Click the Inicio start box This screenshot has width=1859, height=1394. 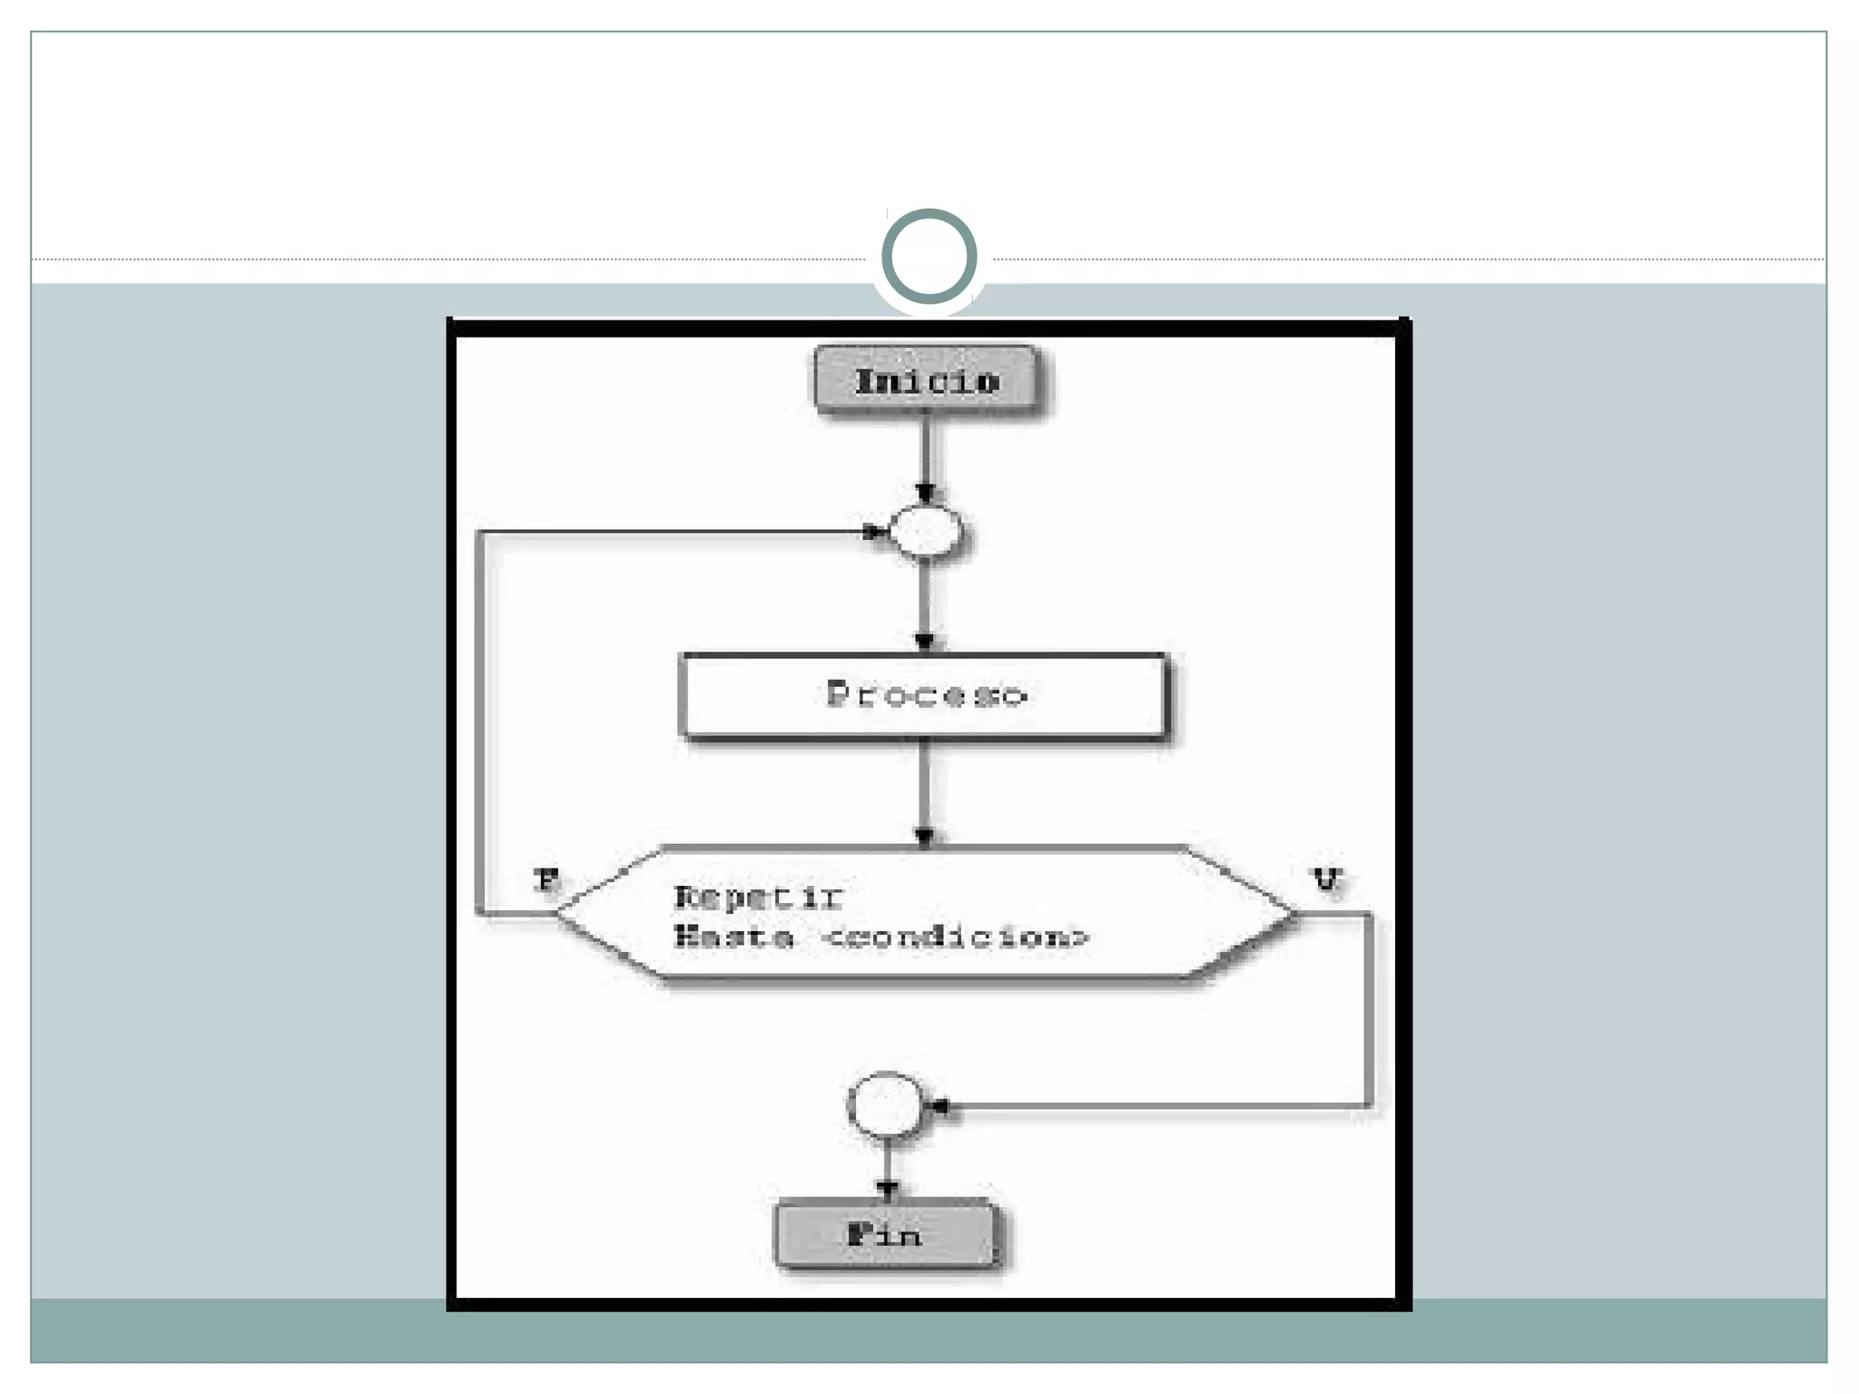pos(926,380)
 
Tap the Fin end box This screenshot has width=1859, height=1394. pos(885,1234)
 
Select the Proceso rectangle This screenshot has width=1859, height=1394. pos(924,695)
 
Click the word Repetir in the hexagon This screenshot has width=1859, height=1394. pos(759,898)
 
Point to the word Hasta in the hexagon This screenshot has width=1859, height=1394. pos(733,936)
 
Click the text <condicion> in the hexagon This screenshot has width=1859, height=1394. pos(954,936)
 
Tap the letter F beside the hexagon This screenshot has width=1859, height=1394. pos(546,879)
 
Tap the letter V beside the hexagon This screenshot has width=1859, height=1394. pos(1327,879)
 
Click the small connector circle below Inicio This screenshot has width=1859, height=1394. pos(925,532)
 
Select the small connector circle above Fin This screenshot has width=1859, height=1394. pos(886,1105)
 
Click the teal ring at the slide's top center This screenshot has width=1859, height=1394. pos(929,256)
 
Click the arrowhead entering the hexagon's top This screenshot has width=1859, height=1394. pos(925,837)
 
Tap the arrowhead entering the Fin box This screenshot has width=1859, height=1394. pos(888,1189)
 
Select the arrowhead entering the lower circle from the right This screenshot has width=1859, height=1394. pos(939,1106)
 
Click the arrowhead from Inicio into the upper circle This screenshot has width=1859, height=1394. pos(925,494)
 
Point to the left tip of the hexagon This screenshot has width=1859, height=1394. pos(557,915)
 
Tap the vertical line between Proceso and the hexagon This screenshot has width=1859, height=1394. pos(925,785)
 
